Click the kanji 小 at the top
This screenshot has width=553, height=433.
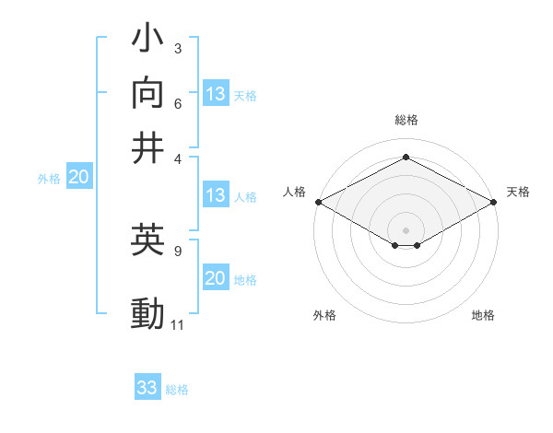point(148,42)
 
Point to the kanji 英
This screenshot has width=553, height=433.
point(148,241)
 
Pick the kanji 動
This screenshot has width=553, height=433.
point(148,314)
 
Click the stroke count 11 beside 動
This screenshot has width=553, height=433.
point(178,325)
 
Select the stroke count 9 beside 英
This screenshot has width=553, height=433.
point(178,251)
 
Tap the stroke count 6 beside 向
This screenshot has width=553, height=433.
point(178,103)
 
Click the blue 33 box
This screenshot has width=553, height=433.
point(147,388)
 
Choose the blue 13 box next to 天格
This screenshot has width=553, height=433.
point(216,94)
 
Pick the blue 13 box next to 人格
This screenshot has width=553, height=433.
point(216,195)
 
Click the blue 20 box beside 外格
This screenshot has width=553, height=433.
point(78,178)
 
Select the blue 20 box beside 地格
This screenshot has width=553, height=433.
point(216,279)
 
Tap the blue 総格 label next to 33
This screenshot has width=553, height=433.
point(177,390)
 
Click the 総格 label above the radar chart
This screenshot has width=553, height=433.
point(406,120)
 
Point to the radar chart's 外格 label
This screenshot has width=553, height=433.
point(324,316)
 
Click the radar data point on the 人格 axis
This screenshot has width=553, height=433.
point(318,202)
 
